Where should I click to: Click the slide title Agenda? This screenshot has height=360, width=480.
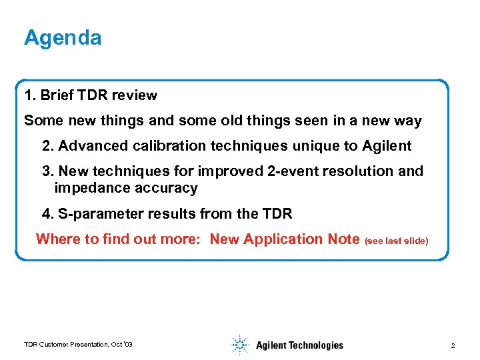tap(63, 38)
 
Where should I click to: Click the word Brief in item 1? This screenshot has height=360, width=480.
tap(57, 95)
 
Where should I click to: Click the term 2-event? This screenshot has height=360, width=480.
tap(292, 171)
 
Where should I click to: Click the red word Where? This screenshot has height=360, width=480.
tap(58, 239)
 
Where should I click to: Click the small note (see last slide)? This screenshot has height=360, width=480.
tap(397, 241)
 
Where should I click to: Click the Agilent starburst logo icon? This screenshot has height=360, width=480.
tap(239, 344)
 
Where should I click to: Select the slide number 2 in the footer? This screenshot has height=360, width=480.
tap(453, 345)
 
